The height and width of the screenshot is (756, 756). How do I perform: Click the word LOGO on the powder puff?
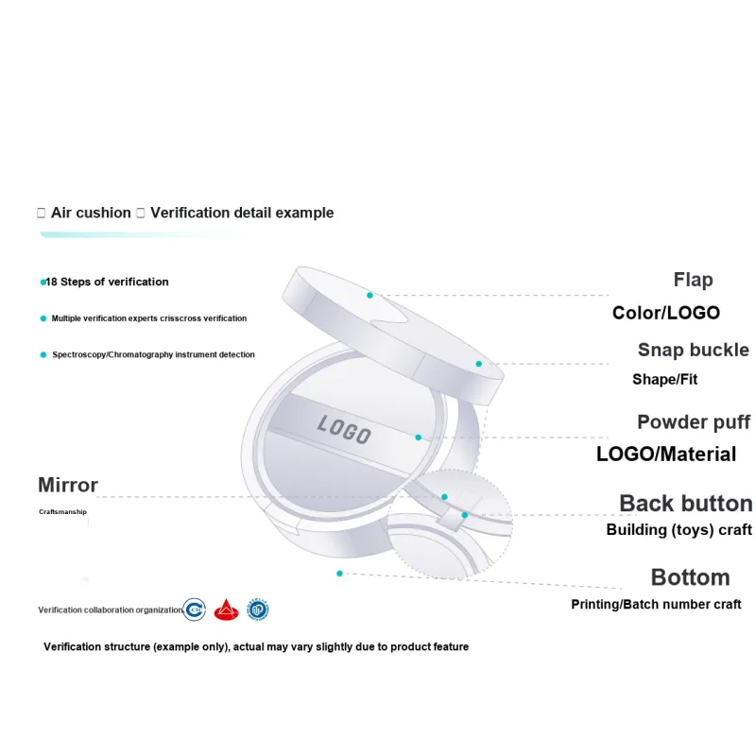(344, 429)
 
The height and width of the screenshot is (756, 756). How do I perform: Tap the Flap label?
(693, 280)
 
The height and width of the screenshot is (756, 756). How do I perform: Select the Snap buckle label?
(694, 350)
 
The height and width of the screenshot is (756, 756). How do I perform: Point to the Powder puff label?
(694, 422)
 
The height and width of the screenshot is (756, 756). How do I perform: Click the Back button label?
(686, 504)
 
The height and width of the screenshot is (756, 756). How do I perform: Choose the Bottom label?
(691, 577)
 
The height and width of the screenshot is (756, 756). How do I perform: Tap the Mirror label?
(68, 485)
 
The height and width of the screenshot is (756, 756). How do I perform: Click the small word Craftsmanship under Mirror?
(62, 511)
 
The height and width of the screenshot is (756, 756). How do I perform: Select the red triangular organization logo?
(226, 610)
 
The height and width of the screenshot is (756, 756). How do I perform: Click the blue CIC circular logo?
(195, 610)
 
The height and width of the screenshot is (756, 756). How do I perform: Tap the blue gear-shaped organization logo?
(257, 610)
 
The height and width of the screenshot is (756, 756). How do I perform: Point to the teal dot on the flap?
(369, 295)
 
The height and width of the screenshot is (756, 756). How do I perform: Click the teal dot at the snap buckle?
(479, 364)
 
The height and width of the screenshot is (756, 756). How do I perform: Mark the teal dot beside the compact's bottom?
(339, 574)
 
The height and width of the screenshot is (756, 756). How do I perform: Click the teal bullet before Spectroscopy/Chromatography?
(43, 355)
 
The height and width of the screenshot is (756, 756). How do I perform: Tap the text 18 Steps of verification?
(107, 282)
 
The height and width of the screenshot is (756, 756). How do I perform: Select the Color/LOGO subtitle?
(666, 313)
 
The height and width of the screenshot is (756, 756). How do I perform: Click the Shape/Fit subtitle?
(665, 380)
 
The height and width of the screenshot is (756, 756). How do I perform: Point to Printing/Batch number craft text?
(656, 604)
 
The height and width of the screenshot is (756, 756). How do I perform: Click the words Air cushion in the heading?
(91, 213)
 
